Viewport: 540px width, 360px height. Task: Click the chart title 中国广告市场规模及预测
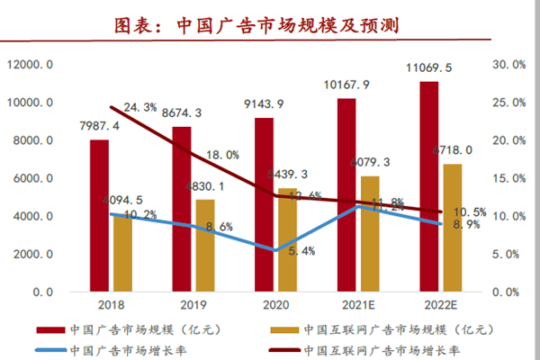point(270,24)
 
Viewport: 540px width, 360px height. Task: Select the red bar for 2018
point(99,216)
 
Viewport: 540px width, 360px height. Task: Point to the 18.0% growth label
point(221,155)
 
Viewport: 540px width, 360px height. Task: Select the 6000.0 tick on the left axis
point(31,178)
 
